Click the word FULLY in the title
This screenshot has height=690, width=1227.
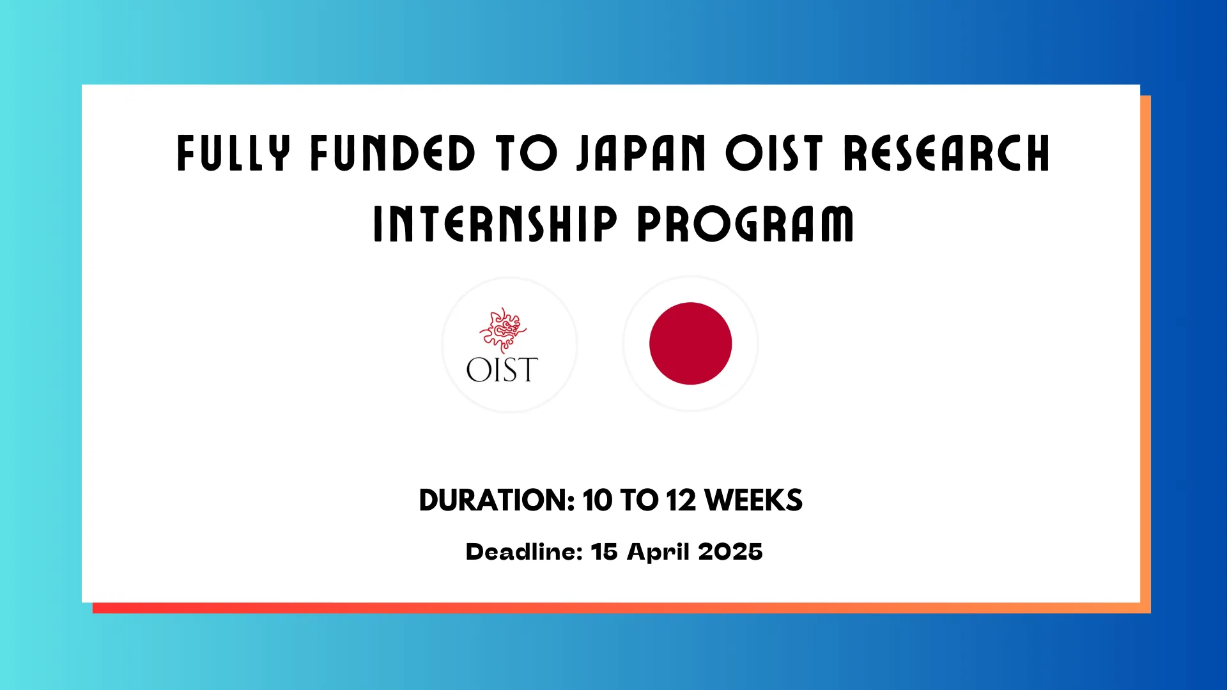233,153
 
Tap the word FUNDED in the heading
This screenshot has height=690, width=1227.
393,153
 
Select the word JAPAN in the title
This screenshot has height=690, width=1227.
641,153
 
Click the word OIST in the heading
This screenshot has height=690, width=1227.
774,153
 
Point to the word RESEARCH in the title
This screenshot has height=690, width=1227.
946,153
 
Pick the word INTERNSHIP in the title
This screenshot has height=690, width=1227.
495,224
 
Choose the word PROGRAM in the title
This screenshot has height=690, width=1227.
745,224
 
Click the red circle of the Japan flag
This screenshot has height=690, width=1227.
690,344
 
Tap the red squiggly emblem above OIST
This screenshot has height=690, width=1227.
503,330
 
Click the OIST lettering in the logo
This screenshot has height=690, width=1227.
502,370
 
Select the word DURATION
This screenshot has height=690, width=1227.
497,500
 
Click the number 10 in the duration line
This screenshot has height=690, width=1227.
598,500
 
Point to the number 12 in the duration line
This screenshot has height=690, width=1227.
681,500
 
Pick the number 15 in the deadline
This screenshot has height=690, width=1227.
605,551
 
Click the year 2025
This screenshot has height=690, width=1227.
730,551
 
